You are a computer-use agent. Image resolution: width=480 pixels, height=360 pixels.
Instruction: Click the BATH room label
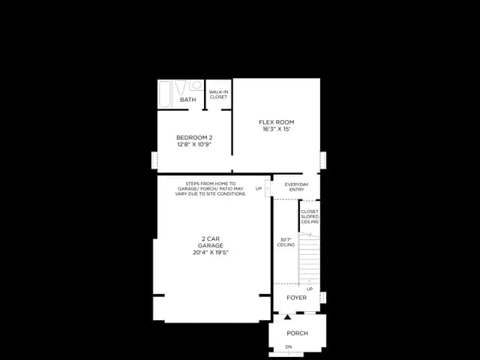coord(188,100)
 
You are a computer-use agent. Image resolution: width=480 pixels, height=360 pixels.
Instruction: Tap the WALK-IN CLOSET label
coord(218,94)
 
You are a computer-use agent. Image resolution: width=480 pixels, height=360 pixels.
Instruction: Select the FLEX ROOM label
coord(277,122)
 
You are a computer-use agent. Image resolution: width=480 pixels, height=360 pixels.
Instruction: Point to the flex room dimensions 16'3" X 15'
coord(277,129)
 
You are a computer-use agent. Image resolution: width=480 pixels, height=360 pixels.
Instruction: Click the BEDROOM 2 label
coord(194,138)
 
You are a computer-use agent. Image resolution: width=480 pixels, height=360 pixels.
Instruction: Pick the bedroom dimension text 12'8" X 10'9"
coord(194,145)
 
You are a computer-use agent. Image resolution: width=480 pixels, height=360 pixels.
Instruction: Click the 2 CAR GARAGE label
coord(211,242)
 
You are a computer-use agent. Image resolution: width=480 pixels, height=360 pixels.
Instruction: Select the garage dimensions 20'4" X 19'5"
coord(211,253)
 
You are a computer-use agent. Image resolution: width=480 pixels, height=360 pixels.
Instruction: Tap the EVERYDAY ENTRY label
coord(297,187)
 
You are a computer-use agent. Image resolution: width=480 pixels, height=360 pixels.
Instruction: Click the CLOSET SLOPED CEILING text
coord(310,217)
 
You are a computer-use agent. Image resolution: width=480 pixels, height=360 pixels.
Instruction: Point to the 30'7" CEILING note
coord(286,242)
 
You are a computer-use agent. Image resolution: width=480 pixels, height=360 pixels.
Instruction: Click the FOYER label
coord(297,298)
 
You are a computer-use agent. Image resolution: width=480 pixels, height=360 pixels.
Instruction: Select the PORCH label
coord(297,333)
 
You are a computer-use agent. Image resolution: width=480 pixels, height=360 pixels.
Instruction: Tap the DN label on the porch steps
coord(289,346)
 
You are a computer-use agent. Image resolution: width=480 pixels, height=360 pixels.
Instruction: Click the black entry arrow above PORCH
coord(287,316)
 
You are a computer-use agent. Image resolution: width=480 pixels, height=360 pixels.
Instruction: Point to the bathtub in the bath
coord(165,94)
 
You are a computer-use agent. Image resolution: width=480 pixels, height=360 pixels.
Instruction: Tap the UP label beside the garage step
coord(259,188)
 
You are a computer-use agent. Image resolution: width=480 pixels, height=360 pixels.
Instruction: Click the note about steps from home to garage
coord(211,189)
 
